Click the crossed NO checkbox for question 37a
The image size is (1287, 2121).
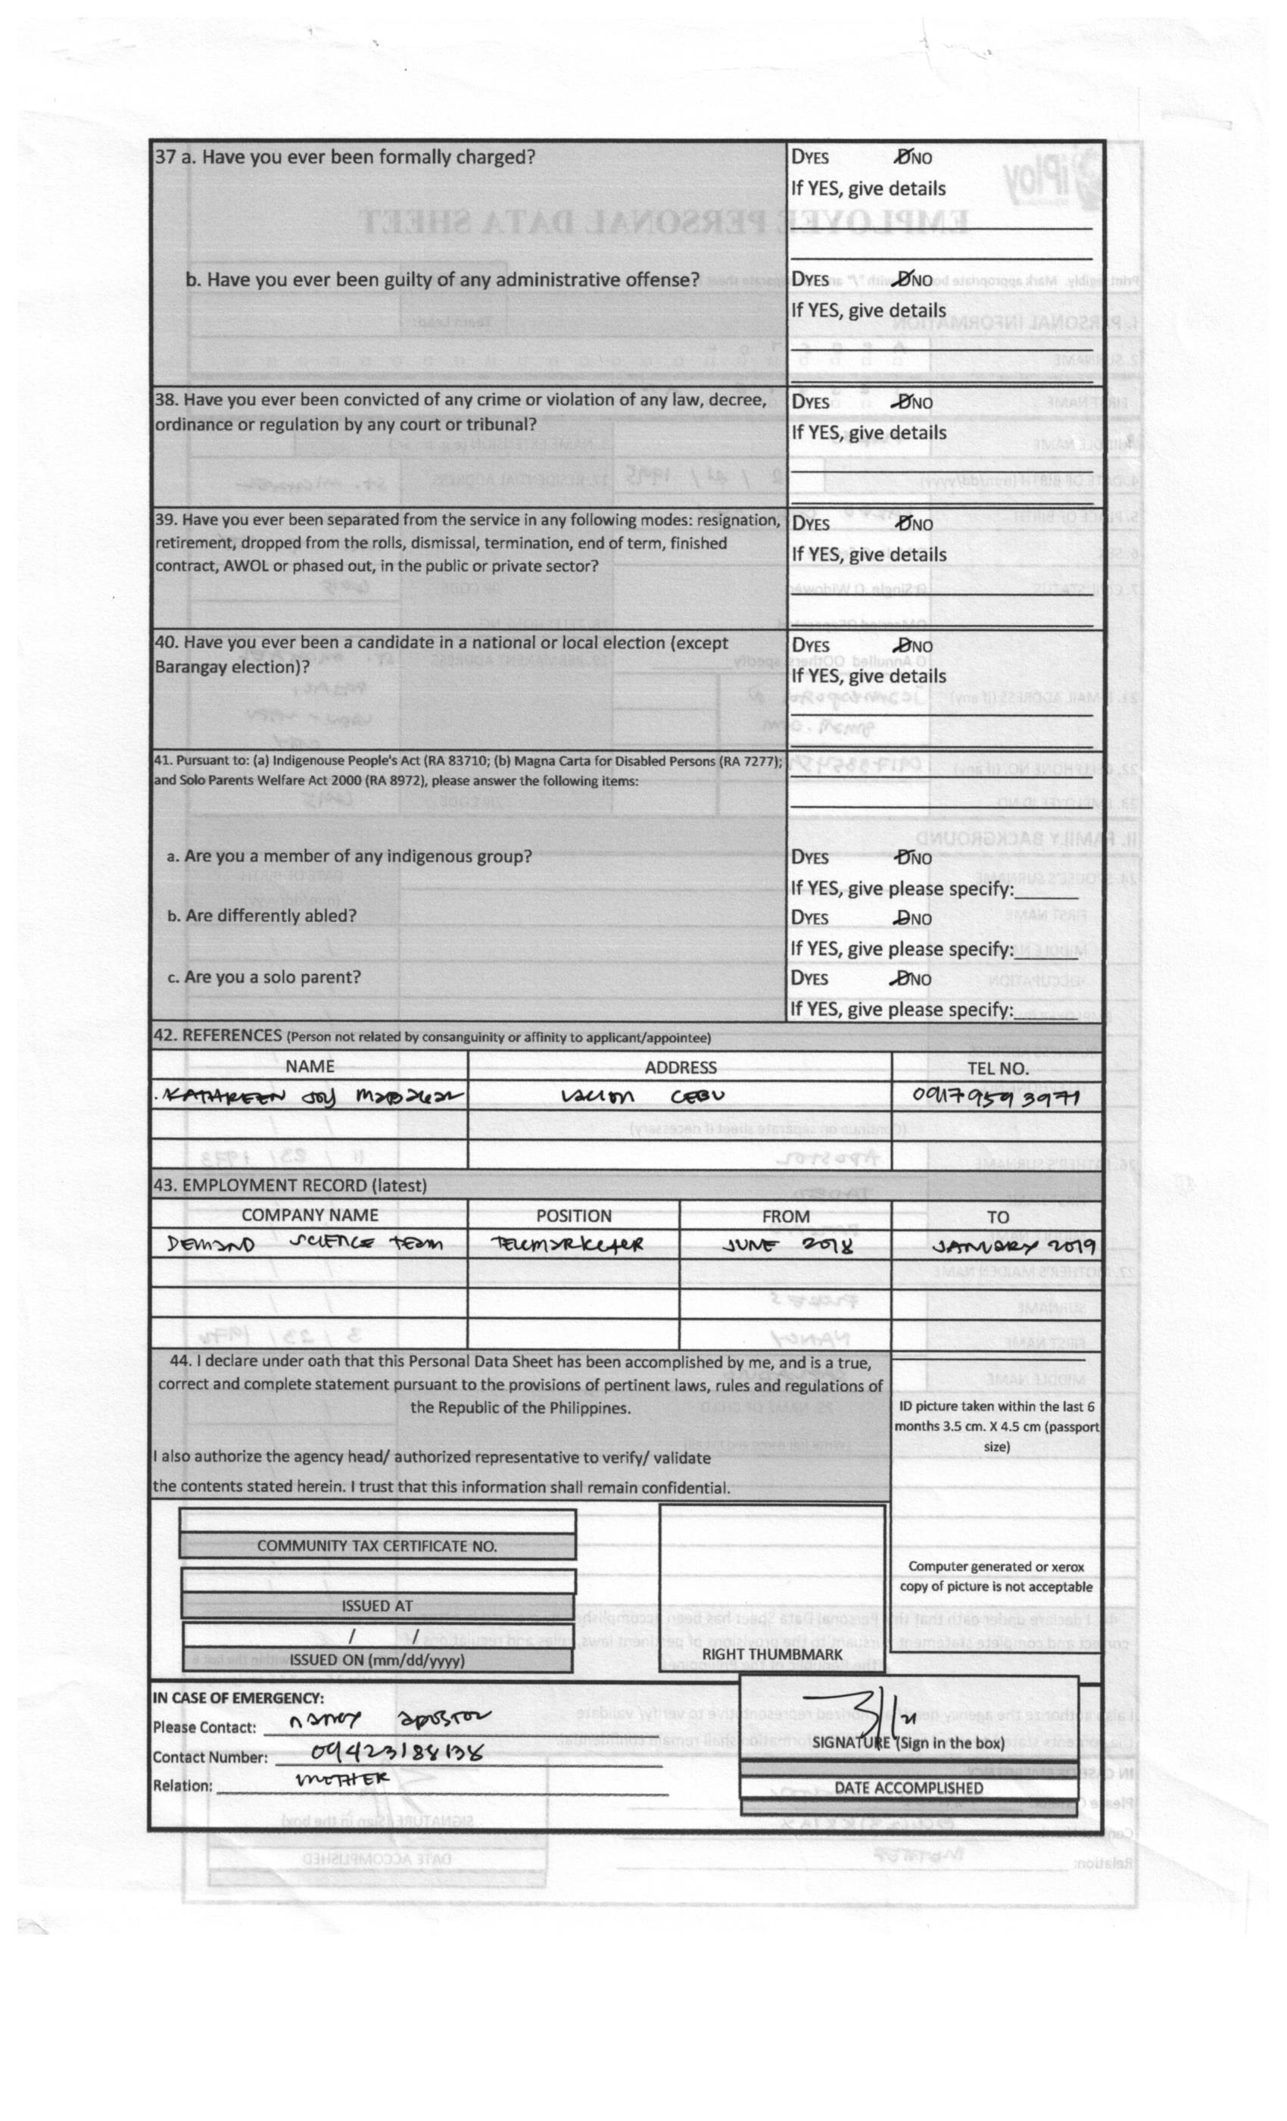902,157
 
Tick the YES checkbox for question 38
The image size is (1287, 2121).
796,402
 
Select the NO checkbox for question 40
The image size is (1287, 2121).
902,645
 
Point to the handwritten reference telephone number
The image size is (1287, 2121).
995,1097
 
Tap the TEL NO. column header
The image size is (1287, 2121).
997,1068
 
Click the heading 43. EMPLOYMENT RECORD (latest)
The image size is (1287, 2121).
290,1185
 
